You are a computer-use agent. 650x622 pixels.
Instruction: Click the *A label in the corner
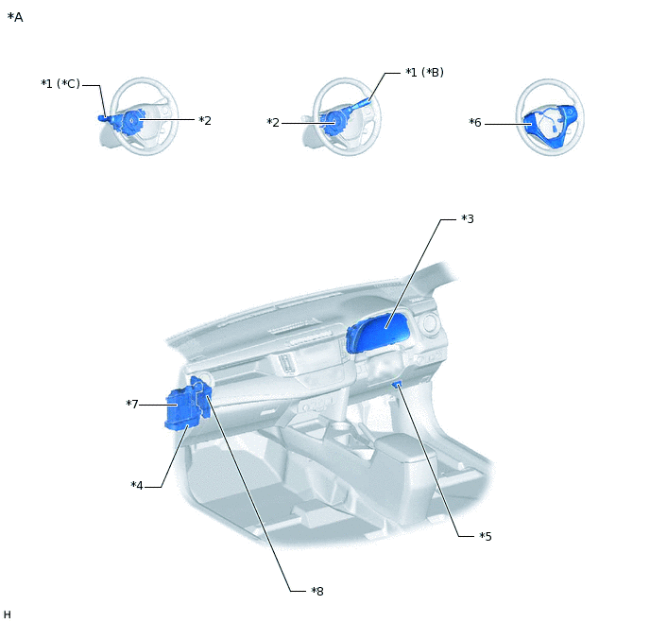(x=15, y=17)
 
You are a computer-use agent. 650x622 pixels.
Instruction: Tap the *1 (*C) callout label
(x=60, y=84)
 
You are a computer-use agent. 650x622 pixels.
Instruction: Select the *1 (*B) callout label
(x=424, y=72)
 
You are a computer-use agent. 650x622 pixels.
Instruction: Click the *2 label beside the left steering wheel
(x=205, y=120)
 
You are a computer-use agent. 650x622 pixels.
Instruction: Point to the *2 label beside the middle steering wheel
(x=273, y=123)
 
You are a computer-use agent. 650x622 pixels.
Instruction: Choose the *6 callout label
(x=475, y=123)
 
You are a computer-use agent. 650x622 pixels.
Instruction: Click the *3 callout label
(x=468, y=219)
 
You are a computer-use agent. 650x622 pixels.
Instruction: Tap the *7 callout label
(x=132, y=404)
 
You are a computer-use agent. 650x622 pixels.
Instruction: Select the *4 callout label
(x=137, y=486)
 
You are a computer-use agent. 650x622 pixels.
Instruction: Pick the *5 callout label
(x=486, y=537)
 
